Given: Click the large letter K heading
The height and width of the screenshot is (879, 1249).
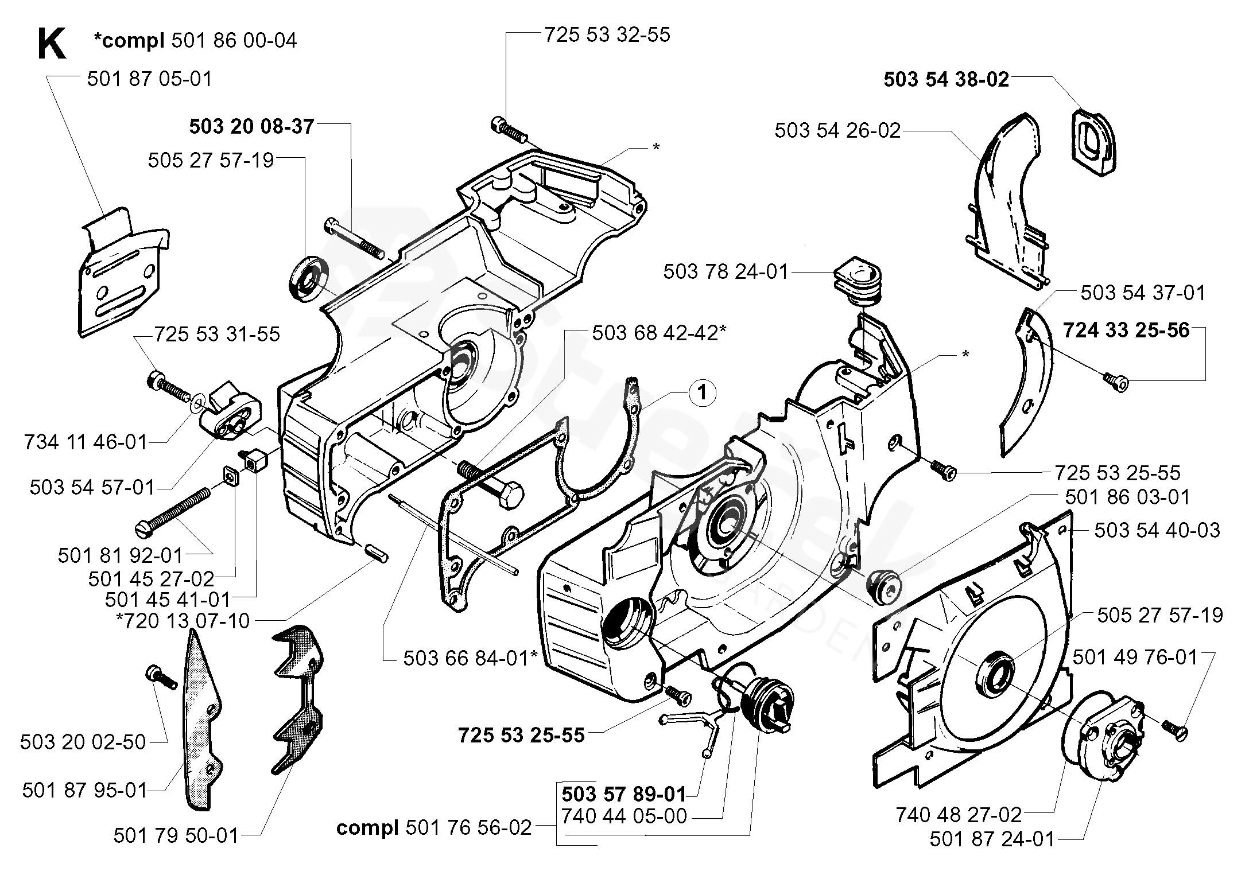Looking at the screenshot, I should [x=52, y=45].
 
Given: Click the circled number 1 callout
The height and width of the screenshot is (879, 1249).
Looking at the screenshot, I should [x=701, y=393].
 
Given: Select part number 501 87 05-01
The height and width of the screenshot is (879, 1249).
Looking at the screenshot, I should [x=149, y=79].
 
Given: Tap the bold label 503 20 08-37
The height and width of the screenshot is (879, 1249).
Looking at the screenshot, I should [x=251, y=126].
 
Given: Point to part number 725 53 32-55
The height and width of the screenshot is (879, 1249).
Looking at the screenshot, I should [x=607, y=35].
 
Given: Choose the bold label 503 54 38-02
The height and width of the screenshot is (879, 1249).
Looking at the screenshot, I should [x=946, y=79].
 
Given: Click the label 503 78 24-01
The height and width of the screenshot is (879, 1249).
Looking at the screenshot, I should [x=726, y=271].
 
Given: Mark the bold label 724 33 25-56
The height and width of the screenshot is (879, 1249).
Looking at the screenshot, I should [x=1126, y=330].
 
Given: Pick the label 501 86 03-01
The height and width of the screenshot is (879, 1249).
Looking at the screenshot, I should [x=1127, y=497].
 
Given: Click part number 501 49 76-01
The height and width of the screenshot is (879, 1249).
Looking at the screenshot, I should [x=1135, y=657].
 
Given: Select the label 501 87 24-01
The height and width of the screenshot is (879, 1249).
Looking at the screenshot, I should [x=992, y=839].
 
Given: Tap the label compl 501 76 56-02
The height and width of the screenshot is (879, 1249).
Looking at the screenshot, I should [x=434, y=828].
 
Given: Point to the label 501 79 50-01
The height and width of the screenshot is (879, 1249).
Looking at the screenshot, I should [x=176, y=836].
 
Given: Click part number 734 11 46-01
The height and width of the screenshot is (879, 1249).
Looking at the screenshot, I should [x=86, y=442].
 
